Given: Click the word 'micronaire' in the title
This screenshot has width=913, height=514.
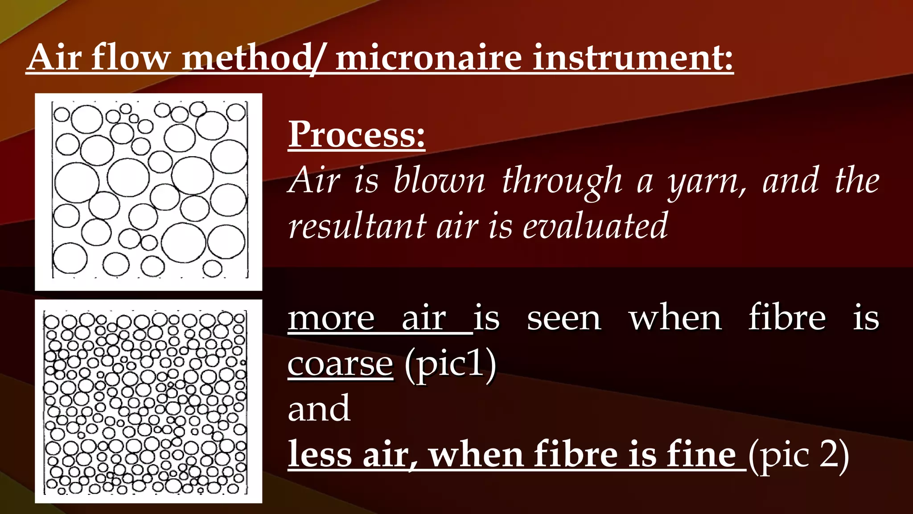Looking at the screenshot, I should click(428, 58).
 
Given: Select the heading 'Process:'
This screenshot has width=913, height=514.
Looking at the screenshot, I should click(356, 134).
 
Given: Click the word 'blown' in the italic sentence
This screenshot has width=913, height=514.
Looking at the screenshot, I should click(439, 180).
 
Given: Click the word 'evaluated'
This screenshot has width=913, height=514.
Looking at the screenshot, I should click(595, 226).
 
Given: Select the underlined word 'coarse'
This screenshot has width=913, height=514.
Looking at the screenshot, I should click(340, 364).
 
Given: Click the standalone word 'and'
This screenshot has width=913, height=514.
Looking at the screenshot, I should click(319, 409).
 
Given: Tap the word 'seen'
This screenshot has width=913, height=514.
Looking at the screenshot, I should click(563, 319).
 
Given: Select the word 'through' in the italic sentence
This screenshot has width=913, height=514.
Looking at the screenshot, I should click(562, 181).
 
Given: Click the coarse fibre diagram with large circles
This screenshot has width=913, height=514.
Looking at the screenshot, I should click(148, 192).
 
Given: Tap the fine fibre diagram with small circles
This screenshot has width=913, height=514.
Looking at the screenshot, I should click(148, 402).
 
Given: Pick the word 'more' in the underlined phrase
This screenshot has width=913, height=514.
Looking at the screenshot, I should click(331, 319).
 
